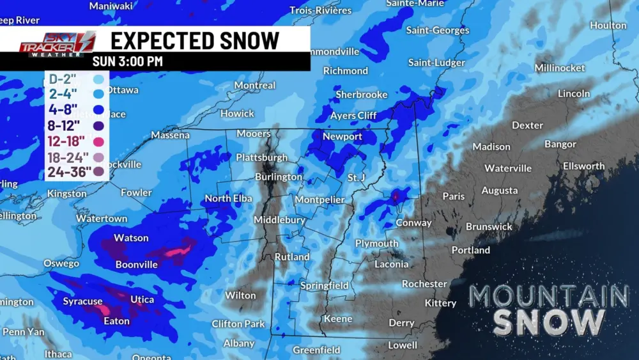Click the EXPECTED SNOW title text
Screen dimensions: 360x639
195,40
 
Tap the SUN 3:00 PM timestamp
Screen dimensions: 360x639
127,62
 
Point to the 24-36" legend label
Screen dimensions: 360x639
69,171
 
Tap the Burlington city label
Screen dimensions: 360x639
279,176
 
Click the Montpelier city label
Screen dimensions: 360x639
319,200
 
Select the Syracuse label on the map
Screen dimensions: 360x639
82,301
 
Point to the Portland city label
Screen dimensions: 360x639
470,250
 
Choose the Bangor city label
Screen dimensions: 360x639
560,144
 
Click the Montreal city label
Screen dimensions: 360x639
254,85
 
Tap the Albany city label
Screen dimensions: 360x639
238,343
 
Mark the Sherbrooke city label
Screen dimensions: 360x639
362,95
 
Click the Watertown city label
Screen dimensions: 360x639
102,219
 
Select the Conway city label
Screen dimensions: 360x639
413,223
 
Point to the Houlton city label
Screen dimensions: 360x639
608,26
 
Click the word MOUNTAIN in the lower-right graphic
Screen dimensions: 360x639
549,296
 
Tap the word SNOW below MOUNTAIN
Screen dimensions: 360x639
549,323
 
